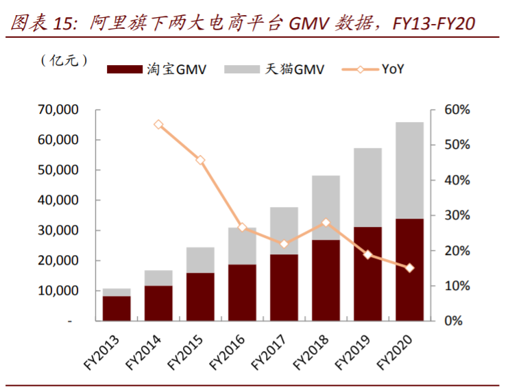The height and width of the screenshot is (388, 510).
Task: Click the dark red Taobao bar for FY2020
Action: tap(409, 269)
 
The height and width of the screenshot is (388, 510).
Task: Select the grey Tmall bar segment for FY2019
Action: tap(367, 187)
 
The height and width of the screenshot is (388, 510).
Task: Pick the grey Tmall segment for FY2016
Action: tap(242, 246)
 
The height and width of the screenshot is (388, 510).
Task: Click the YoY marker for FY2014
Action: tap(158, 125)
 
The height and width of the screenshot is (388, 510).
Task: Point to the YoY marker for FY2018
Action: tap(326, 223)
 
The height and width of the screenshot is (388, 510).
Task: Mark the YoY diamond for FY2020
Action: tap(409, 268)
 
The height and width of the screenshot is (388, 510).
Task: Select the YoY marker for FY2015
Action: tap(200, 160)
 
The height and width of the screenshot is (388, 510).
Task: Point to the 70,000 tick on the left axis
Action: tap(60, 110)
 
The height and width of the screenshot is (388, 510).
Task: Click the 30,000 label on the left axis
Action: tap(60, 230)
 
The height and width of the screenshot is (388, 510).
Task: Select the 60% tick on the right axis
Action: tap(456, 110)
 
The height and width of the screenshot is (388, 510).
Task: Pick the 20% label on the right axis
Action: tap(456, 251)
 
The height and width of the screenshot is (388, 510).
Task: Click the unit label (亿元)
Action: tap(64, 61)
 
